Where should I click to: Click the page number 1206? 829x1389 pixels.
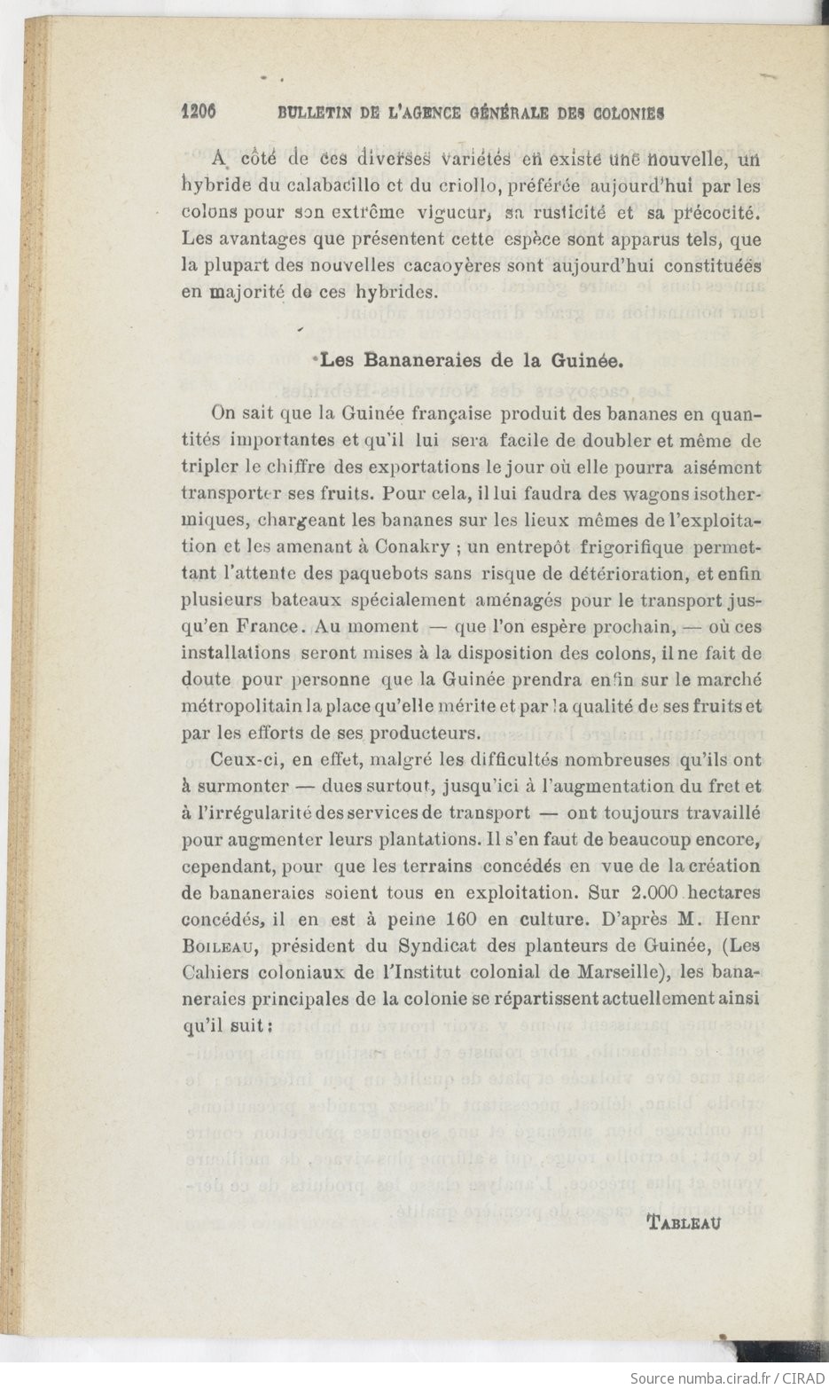point(199,113)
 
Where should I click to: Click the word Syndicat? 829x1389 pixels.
point(435,946)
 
